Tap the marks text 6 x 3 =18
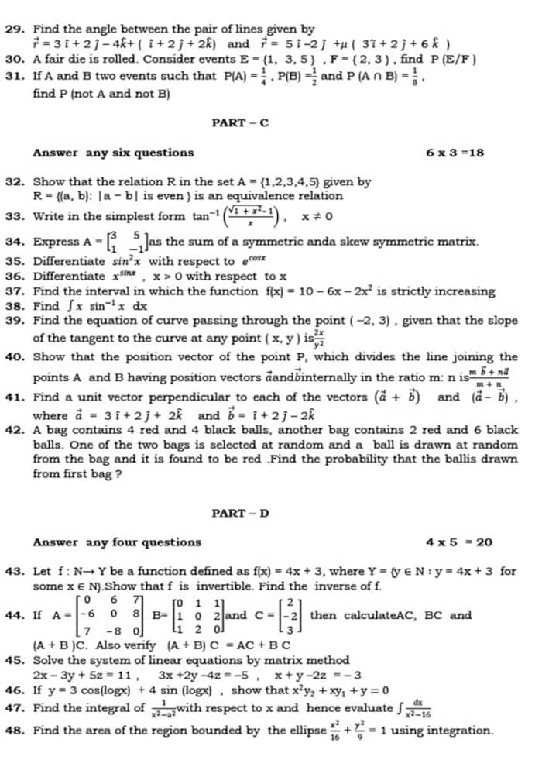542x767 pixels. pos(455,153)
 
